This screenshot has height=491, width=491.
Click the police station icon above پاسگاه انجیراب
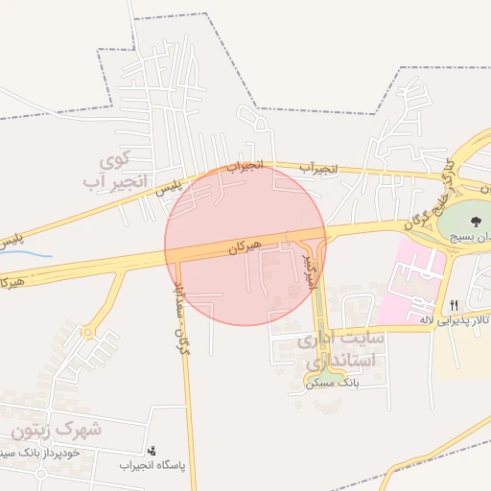[151, 449]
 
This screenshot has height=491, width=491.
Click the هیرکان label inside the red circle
[245, 246]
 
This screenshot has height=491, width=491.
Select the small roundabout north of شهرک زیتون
[89, 333]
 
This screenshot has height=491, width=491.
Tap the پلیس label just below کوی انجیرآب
[171, 188]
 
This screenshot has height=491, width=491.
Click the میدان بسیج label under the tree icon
[469, 234]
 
